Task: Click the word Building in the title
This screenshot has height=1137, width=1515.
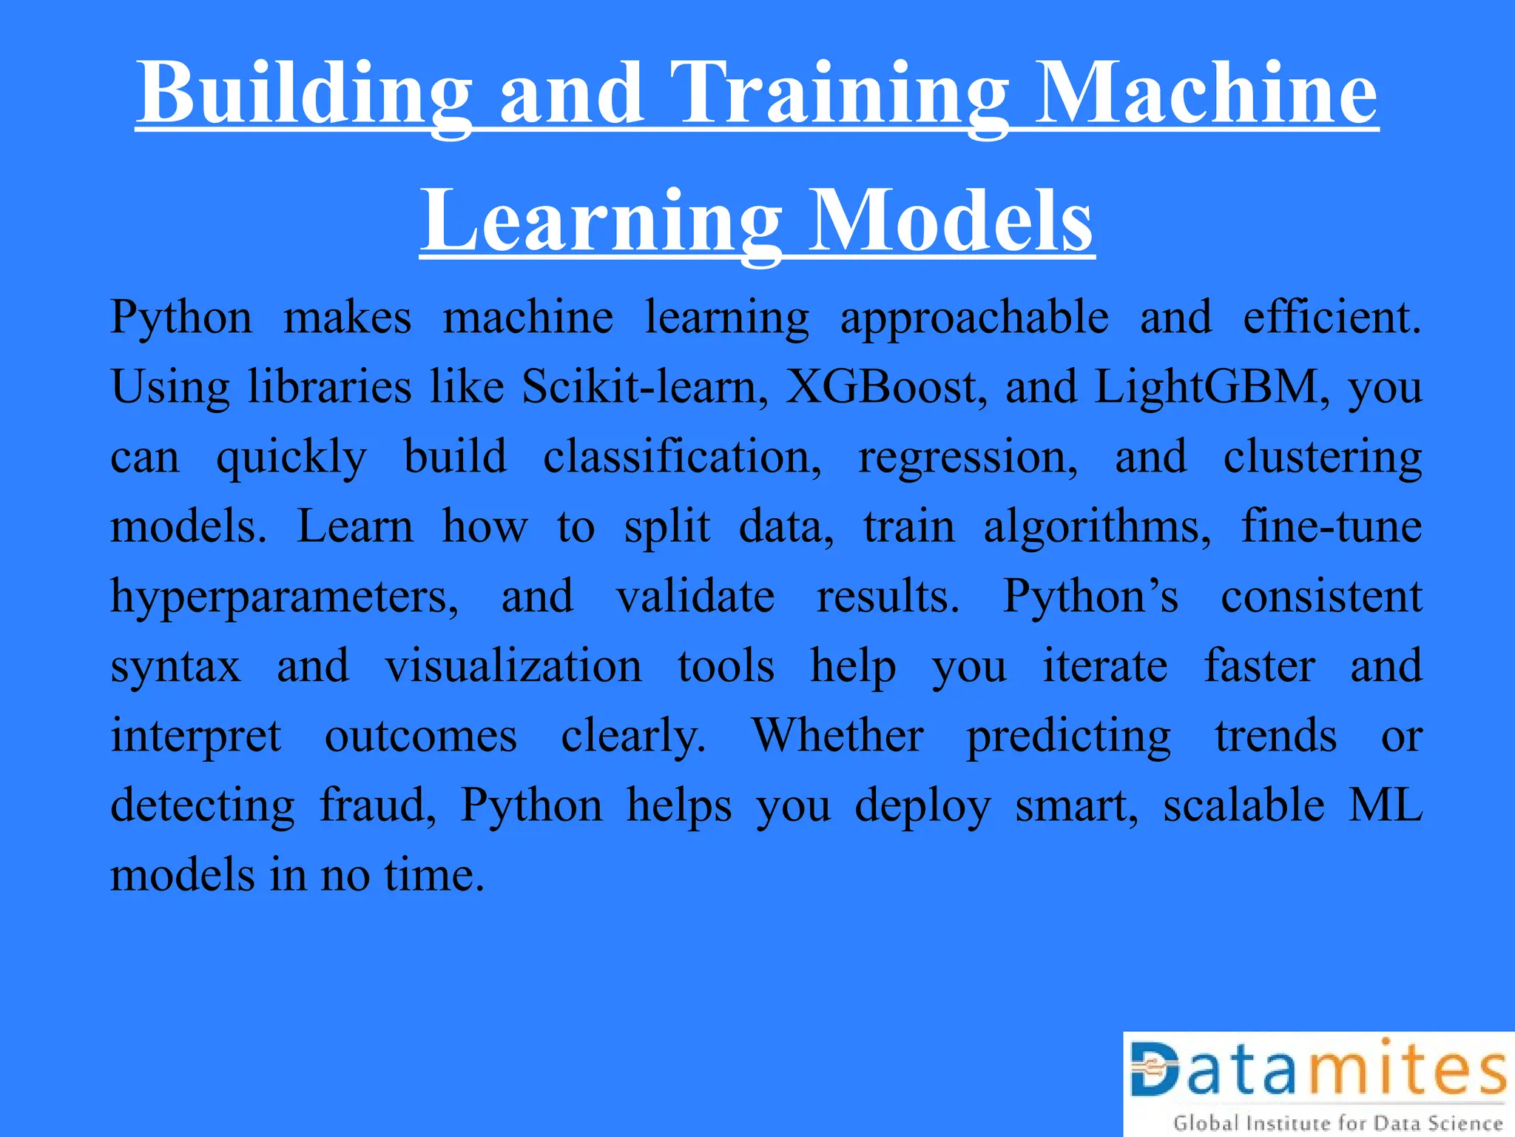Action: [x=304, y=94]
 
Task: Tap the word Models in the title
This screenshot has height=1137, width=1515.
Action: [x=950, y=221]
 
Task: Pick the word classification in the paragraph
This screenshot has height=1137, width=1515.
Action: [x=682, y=456]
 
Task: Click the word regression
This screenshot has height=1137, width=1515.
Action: [x=968, y=456]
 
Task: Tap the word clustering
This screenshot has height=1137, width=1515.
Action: [x=1322, y=456]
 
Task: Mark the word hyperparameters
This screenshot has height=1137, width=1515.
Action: [x=285, y=597]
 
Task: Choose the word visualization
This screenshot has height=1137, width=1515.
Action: [x=513, y=665]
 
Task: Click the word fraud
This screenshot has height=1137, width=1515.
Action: [x=378, y=805]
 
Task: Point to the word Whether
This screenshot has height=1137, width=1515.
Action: [x=837, y=735]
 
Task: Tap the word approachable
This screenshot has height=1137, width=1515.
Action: [x=974, y=318]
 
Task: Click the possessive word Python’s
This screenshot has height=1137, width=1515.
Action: [x=1090, y=596]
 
